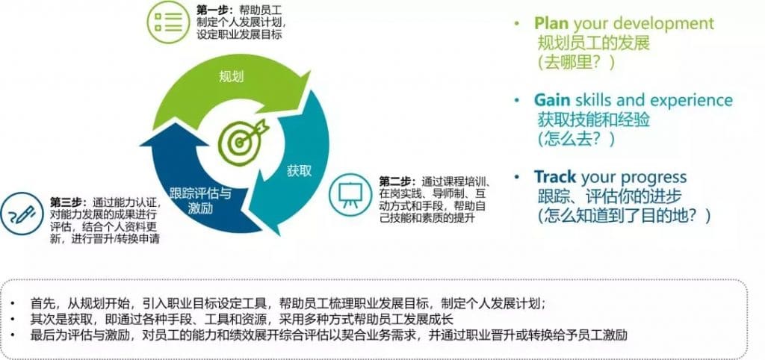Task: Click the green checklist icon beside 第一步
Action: (167, 22)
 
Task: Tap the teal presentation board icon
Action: (350, 194)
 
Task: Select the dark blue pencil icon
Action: (22, 214)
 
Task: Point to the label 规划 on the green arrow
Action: (231, 77)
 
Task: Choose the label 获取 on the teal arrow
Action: (299, 171)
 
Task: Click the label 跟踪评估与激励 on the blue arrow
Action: (200, 200)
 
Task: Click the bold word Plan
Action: (551, 23)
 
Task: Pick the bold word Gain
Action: (552, 100)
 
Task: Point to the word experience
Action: (693, 101)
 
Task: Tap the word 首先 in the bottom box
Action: (40, 303)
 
